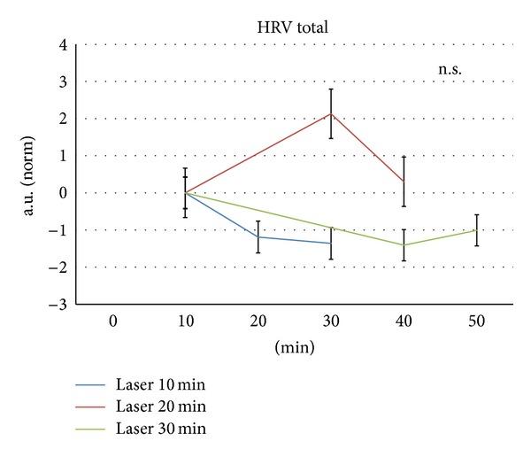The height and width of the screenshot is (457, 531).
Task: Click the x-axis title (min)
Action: point(295,348)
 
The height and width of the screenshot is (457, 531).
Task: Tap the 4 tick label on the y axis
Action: point(63,44)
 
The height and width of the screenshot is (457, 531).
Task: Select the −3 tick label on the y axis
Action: point(58,305)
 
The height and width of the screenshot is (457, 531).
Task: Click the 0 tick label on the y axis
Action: point(63,193)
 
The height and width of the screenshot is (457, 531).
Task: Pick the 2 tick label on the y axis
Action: point(63,119)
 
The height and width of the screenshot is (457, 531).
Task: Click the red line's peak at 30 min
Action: point(331,113)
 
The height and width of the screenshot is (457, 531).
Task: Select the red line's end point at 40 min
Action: point(404,182)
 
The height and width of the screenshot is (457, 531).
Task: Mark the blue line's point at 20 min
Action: point(258,236)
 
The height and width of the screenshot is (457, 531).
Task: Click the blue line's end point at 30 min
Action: point(331,243)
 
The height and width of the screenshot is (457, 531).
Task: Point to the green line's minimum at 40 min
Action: point(404,245)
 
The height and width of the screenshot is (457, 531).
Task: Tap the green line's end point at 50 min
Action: point(476,230)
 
